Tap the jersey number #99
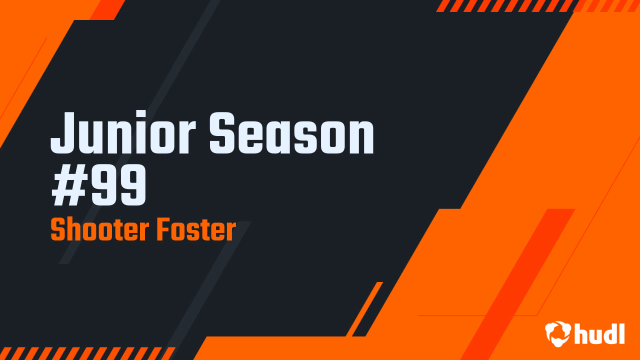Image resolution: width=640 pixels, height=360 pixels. click(x=99, y=186)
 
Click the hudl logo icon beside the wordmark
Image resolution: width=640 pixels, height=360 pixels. click(x=558, y=333)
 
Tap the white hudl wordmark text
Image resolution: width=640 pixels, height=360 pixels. click(x=600, y=333)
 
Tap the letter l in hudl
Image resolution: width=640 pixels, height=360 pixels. click(x=621, y=332)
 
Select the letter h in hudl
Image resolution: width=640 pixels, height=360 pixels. click(x=580, y=333)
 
